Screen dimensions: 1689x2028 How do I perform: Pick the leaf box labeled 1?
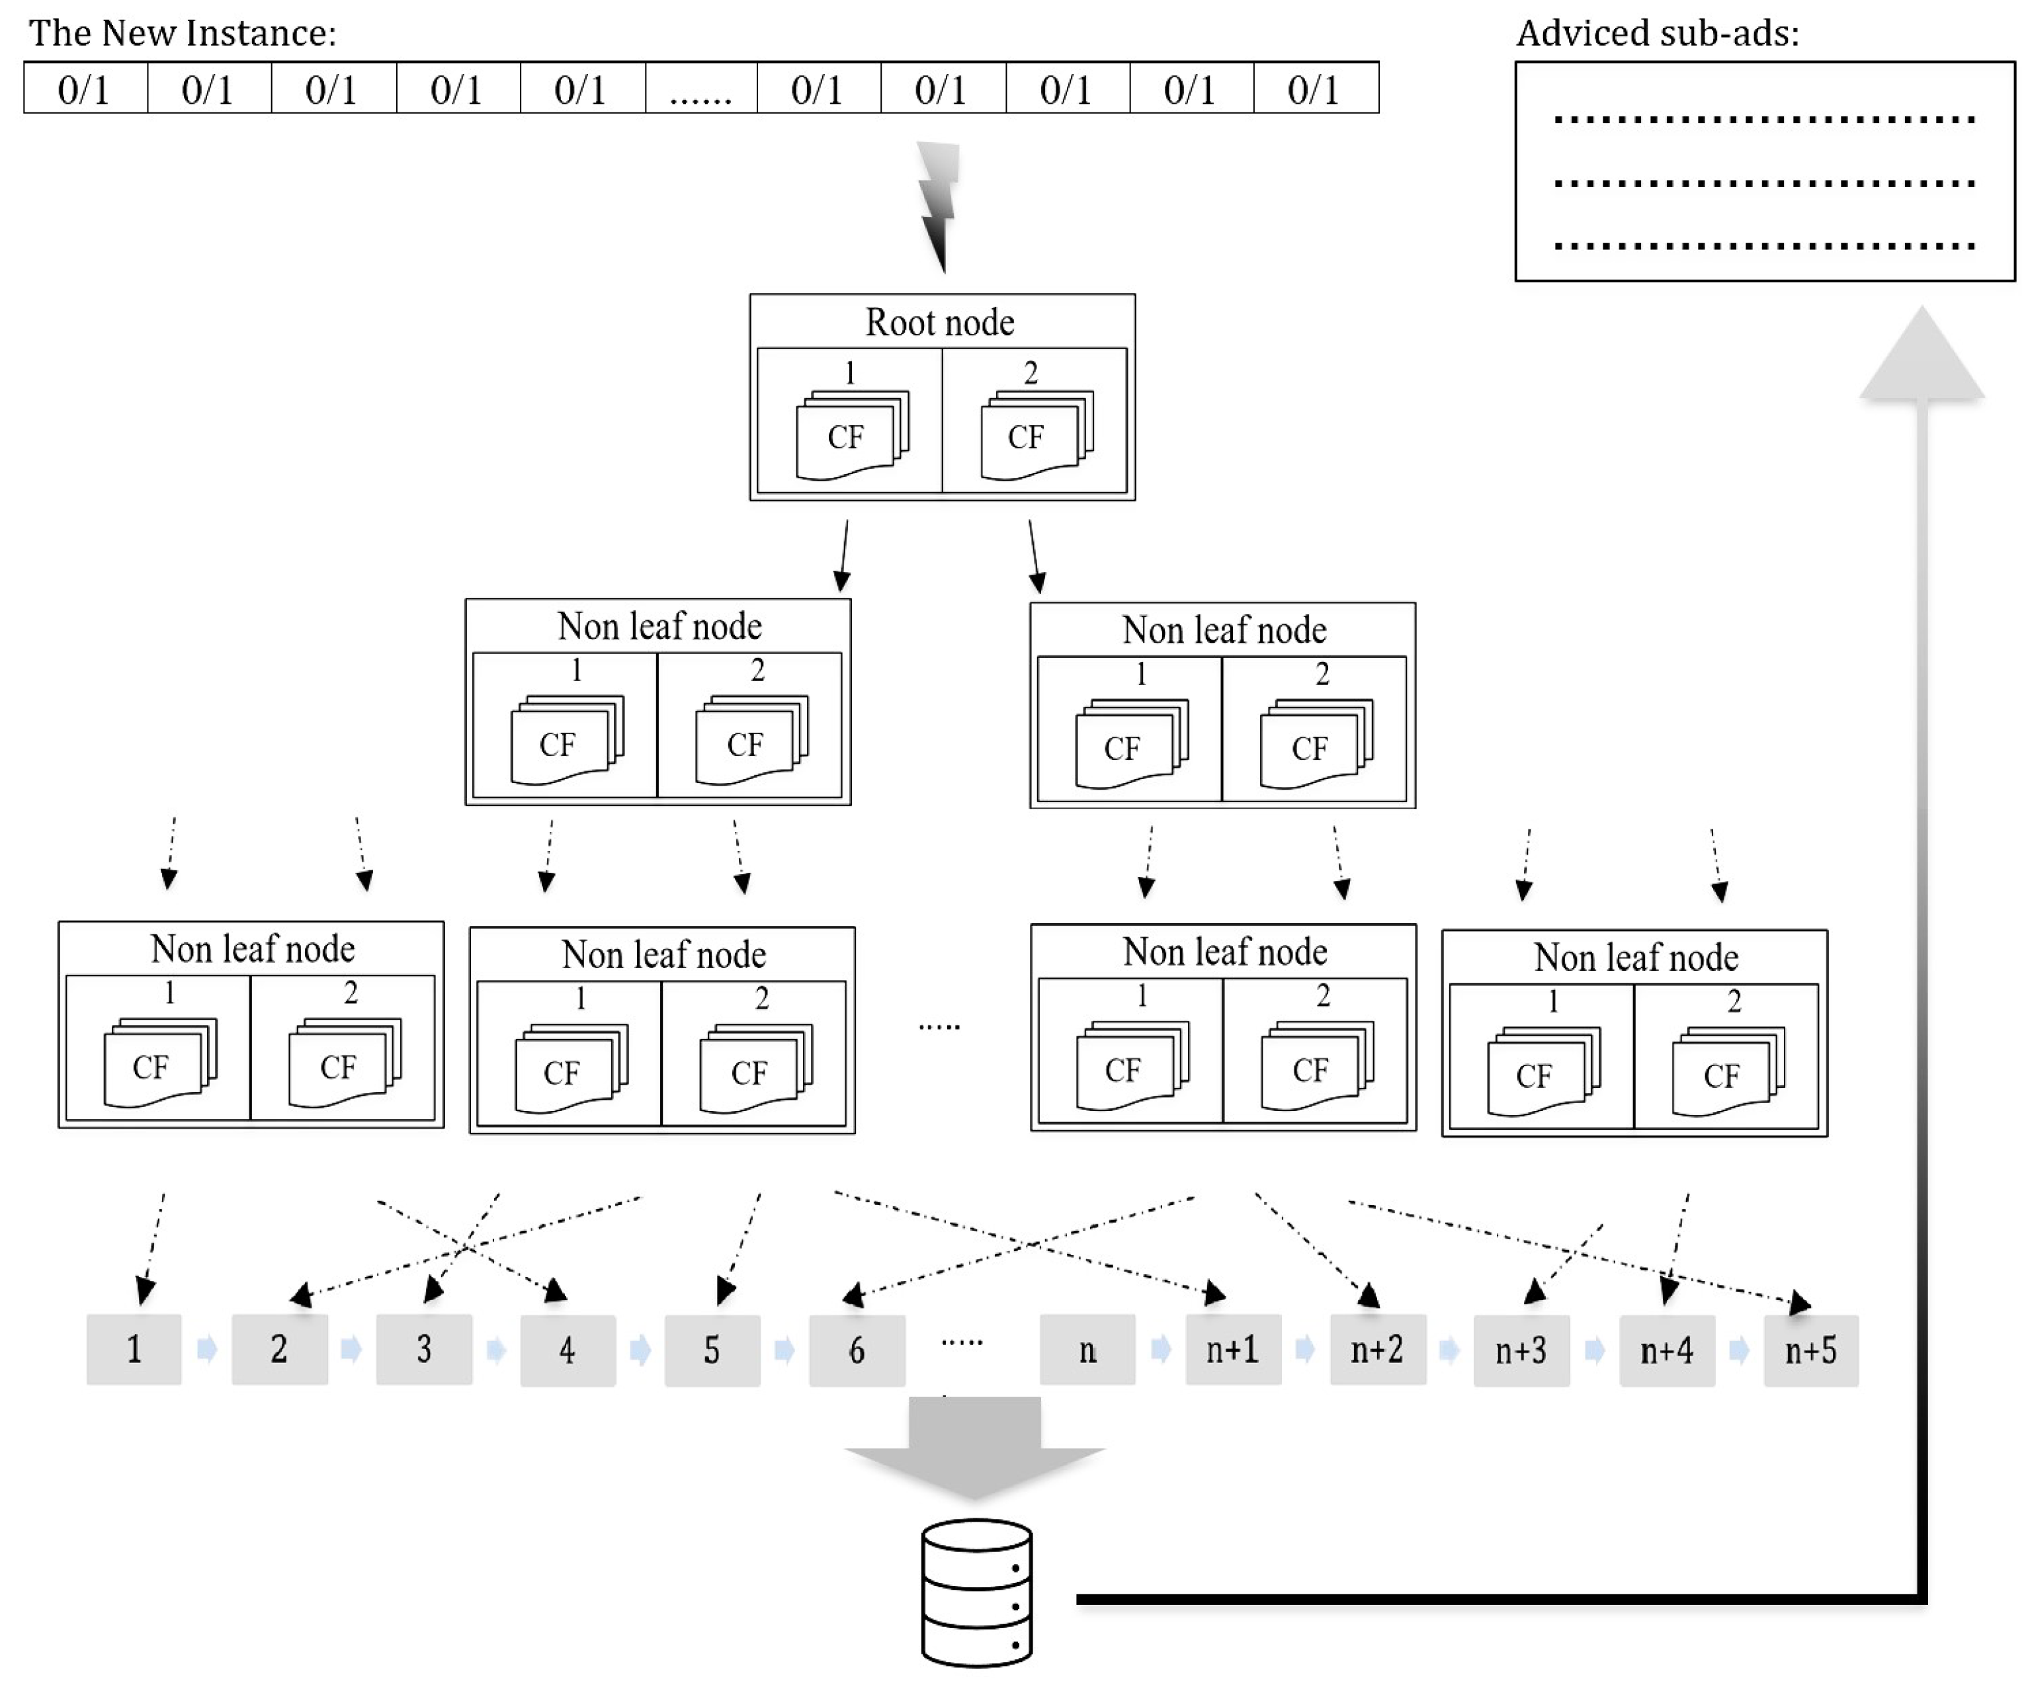[134, 1349]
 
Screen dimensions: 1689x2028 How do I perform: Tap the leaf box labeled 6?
[857, 1350]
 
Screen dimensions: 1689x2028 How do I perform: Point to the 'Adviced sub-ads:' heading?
[1657, 34]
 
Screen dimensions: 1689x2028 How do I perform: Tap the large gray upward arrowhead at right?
[1922, 357]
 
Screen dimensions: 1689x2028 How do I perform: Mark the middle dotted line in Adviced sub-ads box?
[1763, 183]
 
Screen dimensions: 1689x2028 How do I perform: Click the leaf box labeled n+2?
[1377, 1350]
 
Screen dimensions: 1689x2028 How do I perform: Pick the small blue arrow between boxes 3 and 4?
[496, 1349]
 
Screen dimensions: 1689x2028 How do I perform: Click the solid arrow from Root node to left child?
[844, 556]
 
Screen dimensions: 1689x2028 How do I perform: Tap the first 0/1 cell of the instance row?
[85, 89]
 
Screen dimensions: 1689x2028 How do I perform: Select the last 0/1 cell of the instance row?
[1314, 89]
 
